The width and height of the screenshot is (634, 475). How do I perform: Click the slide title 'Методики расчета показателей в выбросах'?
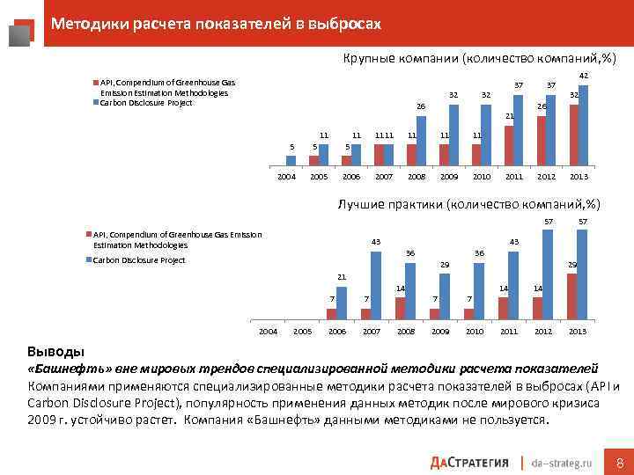pos(216,24)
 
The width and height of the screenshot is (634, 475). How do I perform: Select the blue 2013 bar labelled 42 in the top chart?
pos(583,125)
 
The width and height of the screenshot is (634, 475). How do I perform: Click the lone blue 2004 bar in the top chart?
pos(291,160)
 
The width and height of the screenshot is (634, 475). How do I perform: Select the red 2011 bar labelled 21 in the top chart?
pos(509,145)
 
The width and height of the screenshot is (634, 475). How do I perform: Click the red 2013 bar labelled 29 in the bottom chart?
pos(572,296)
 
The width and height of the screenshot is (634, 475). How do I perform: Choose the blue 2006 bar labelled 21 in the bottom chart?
pos(342,301)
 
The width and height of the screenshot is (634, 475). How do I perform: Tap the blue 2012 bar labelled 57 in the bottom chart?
pos(548,274)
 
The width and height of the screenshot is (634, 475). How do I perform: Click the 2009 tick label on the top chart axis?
pos(448,176)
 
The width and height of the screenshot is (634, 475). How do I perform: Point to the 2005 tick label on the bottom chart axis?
pos(302,331)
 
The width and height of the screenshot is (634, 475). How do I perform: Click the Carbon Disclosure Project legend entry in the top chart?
pos(145,103)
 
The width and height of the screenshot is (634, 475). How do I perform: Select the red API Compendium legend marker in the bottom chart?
pos(88,235)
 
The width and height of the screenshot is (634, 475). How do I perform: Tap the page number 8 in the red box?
pos(619,463)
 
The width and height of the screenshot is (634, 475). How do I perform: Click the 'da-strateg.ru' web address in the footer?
pos(564,463)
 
